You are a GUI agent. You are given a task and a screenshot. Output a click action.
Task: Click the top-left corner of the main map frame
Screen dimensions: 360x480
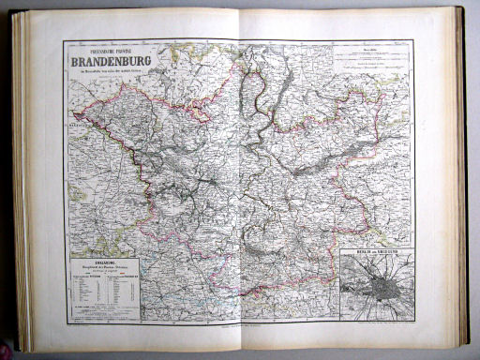[x=65, y=41]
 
